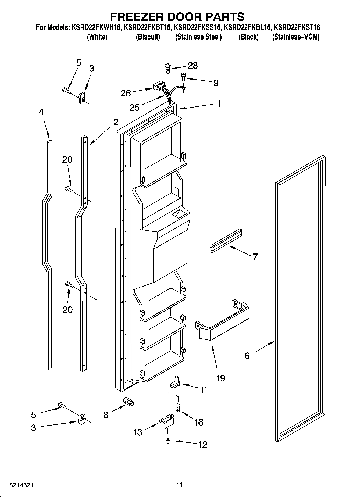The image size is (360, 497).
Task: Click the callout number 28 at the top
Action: [193, 65]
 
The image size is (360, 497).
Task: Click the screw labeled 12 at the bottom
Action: [168, 439]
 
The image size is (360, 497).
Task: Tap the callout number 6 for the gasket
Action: [247, 356]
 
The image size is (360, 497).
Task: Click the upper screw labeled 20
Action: [69, 189]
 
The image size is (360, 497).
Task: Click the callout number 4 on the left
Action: [41, 112]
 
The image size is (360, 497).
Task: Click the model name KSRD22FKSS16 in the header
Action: [198, 27]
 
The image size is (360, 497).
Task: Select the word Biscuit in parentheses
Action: [148, 37]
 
